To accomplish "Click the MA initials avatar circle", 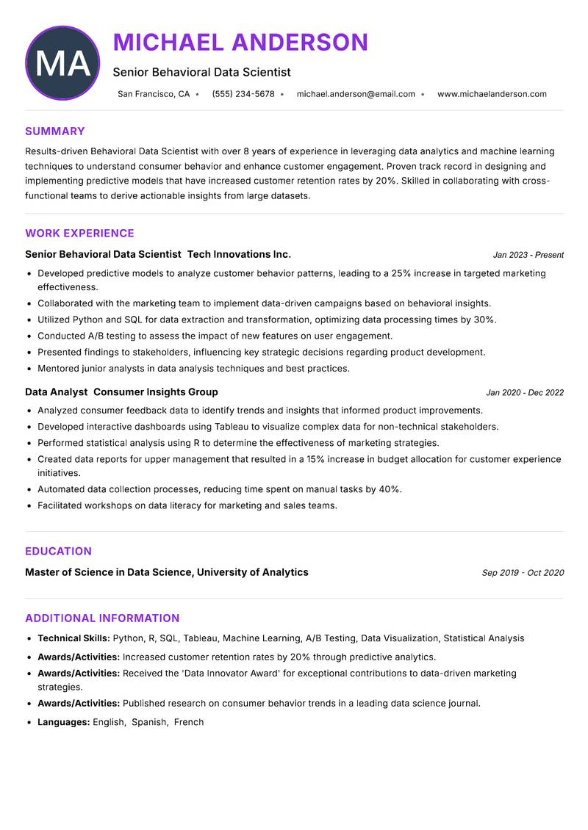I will click(x=62, y=63).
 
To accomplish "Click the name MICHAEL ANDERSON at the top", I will click(x=240, y=43).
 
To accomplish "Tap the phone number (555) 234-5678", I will click(x=243, y=94).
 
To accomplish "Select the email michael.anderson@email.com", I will click(x=356, y=94).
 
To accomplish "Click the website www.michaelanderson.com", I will click(x=492, y=94).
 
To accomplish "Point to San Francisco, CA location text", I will click(x=153, y=94).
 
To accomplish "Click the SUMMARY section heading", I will click(x=55, y=131).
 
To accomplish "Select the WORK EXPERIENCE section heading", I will click(x=79, y=234).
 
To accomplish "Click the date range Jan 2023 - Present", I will click(x=528, y=255).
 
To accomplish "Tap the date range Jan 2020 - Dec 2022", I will click(x=525, y=393).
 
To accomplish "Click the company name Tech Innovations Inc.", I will click(x=239, y=254).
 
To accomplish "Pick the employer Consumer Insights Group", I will click(x=156, y=392).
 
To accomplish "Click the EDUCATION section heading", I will click(x=58, y=552).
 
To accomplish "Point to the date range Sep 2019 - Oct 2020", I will click(x=523, y=573).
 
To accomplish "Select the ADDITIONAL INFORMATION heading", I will click(x=102, y=618).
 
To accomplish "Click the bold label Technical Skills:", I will click(x=73, y=639).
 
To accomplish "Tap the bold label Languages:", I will click(x=63, y=723).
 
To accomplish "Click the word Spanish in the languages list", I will click(x=149, y=723).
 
